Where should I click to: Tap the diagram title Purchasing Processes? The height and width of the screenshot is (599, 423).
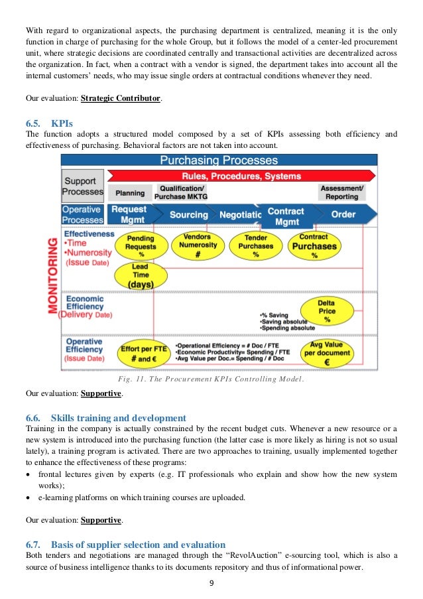click(x=219, y=161)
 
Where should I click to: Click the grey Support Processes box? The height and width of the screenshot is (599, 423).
click(x=82, y=186)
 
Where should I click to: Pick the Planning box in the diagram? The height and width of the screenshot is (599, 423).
click(x=130, y=193)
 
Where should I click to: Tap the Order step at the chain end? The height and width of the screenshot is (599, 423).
click(x=343, y=215)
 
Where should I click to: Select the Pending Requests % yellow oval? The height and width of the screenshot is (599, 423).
click(x=141, y=246)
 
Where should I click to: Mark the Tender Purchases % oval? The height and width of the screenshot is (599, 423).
click(x=256, y=246)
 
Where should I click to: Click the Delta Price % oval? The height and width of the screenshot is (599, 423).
click(x=326, y=311)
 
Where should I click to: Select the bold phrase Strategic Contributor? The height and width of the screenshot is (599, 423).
click(x=122, y=98)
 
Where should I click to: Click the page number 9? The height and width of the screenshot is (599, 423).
click(x=211, y=584)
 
